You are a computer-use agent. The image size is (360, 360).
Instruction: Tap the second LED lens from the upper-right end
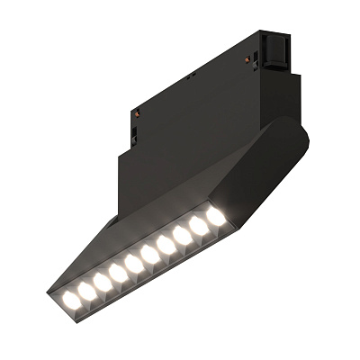[199, 228]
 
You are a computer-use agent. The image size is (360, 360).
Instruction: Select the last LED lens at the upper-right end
[216, 219]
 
